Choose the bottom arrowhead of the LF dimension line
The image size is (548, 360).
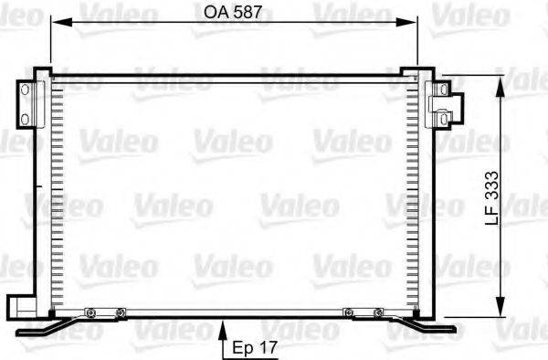point(501,309)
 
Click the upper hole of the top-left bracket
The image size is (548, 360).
point(26,90)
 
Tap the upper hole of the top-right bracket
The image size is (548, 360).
point(441,90)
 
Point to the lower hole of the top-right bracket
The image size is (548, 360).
point(441,116)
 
